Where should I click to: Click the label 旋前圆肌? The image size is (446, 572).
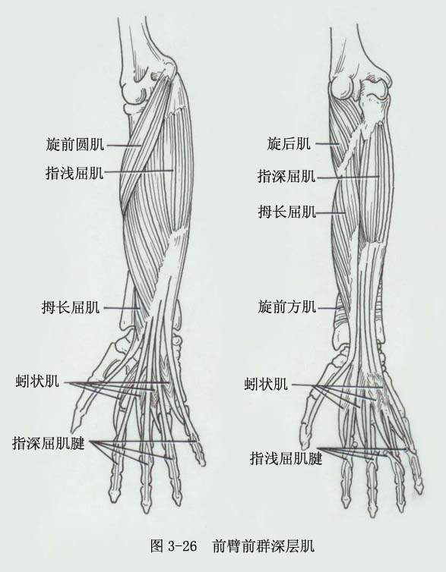(x=75, y=144)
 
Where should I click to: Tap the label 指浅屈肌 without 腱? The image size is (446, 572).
(x=75, y=173)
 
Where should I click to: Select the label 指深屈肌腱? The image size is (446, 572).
(x=49, y=444)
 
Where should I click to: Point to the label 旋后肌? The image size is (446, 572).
(x=289, y=143)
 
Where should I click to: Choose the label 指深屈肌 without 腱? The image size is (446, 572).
(x=286, y=176)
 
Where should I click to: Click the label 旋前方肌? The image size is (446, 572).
(x=287, y=306)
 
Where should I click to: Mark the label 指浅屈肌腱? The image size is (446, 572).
(x=286, y=458)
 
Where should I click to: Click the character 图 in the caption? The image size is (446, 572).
(x=157, y=545)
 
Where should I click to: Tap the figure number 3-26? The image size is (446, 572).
(x=182, y=546)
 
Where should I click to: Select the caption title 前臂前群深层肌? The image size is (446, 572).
(x=263, y=545)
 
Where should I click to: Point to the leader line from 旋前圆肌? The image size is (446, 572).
(x=123, y=145)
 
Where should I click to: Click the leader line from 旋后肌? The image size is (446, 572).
(x=327, y=143)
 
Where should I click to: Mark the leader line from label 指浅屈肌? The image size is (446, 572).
(x=139, y=171)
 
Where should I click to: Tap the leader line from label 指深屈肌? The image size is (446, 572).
(x=349, y=178)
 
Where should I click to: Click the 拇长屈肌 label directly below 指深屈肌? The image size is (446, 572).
(x=287, y=211)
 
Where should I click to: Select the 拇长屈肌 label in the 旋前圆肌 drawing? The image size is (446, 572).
(x=71, y=307)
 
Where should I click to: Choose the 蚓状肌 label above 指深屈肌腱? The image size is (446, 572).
(x=37, y=382)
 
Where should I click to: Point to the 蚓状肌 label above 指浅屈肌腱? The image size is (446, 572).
(x=266, y=384)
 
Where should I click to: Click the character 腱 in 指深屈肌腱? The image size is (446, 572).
(x=77, y=444)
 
